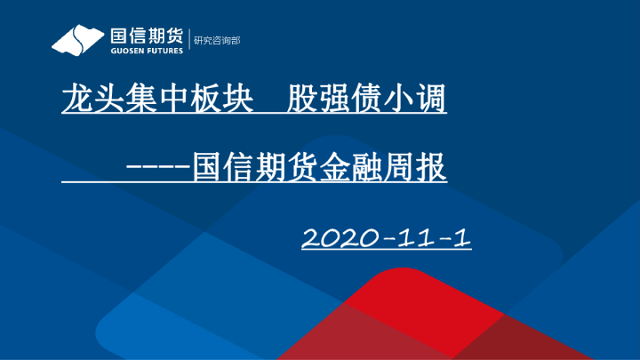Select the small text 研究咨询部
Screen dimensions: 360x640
tap(217, 41)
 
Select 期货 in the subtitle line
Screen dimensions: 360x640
tap(275, 166)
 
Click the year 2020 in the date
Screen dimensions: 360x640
tap(334, 237)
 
